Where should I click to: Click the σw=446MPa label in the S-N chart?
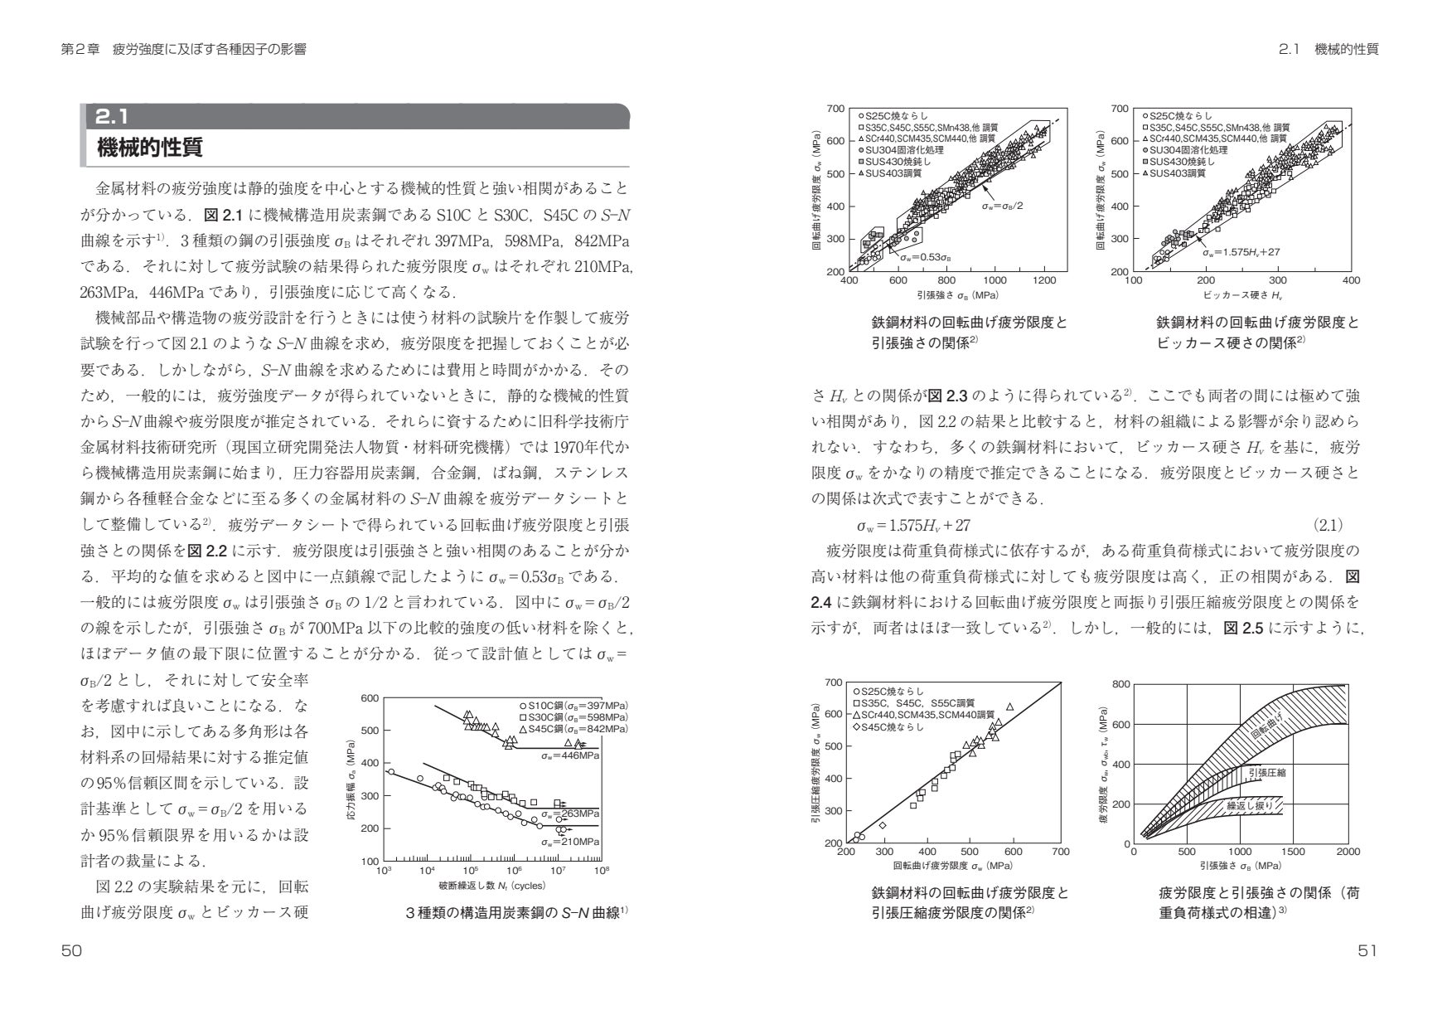(x=570, y=756)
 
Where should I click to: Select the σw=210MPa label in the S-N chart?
(x=570, y=841)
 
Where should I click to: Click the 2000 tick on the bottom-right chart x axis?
(x=1348, y=852)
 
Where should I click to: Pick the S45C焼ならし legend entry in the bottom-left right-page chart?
(x=893, y=727)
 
